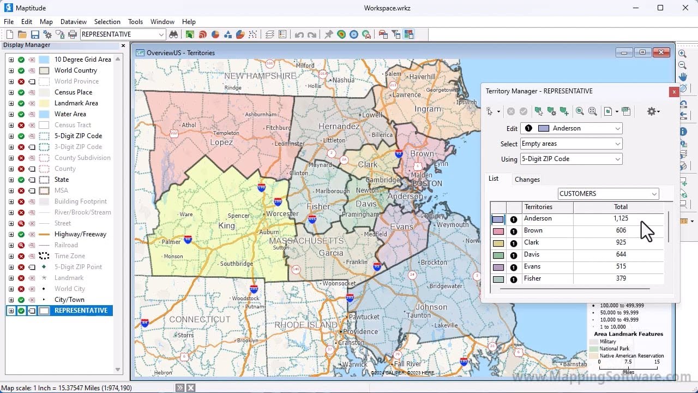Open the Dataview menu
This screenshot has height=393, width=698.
[x=73, y=22]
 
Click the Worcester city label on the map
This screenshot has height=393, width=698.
[x=282, y=214]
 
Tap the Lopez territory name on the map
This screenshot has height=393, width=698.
[x=221, y=142]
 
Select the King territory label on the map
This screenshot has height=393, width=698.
[x=226, y=225]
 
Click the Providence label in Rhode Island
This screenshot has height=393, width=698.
[x=360, y=331]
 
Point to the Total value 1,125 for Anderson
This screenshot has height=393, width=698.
[x=621, y=218]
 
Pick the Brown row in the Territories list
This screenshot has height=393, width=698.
[x=533, y=230]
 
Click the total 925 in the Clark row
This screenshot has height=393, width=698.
[x=621, y=242]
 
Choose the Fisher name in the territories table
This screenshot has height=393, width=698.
[x=532, y=278]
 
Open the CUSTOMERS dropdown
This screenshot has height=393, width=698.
[x=608, y=194]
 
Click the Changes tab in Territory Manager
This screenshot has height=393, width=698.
[x=527, y=179]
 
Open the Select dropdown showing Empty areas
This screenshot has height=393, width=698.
[x=570, y=144]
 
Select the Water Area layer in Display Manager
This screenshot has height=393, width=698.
[x=70, y=114]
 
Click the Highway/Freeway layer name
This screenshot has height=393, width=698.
[x=80, y=234]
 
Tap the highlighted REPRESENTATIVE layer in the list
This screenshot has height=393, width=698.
[x=81, y=311]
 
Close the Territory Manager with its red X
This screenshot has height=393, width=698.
[x=674, y=92]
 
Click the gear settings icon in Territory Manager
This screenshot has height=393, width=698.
[x=652, y=111]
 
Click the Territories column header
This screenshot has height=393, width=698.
[x=538, y=207]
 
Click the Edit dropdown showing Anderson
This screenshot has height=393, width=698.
[x=570, y=128]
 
